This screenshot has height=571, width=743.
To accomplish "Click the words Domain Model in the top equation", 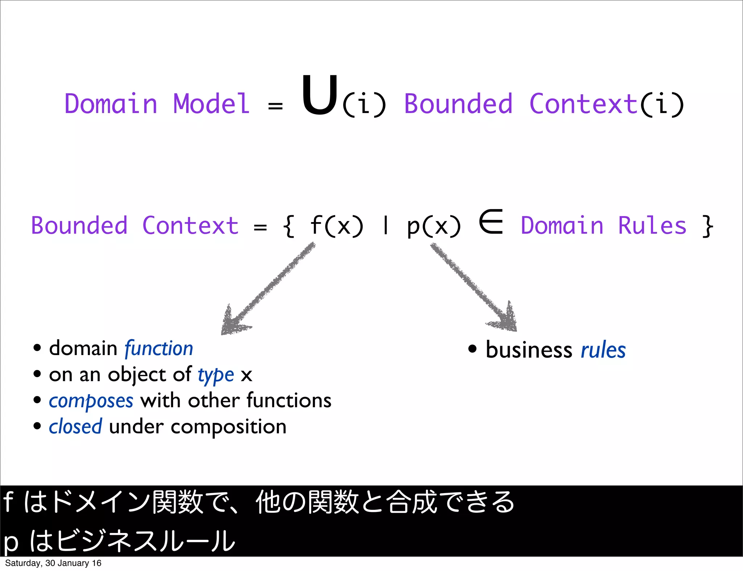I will (157, 104).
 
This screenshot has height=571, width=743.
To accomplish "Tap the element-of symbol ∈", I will (491, 221).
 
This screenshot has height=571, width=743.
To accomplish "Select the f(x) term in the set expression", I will (336, 226).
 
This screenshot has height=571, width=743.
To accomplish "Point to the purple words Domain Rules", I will (603, 226).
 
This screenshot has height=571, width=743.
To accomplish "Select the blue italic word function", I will (159, 349).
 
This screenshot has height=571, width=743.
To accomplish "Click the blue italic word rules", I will (603, 350).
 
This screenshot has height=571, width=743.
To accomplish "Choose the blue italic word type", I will (216, 375).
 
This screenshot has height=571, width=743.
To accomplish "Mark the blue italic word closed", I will (75, 427).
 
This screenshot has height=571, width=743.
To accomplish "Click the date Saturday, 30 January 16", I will (53, 563).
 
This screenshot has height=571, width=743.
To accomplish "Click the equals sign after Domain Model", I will (275, 106).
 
